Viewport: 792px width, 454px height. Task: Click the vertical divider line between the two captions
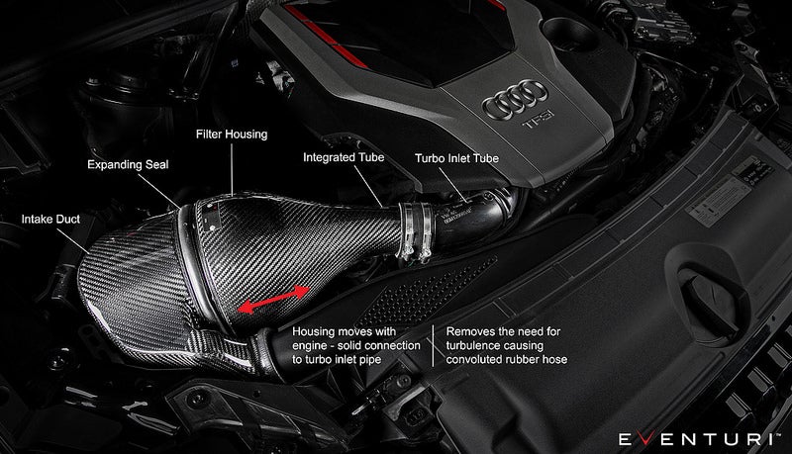[432, 346]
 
